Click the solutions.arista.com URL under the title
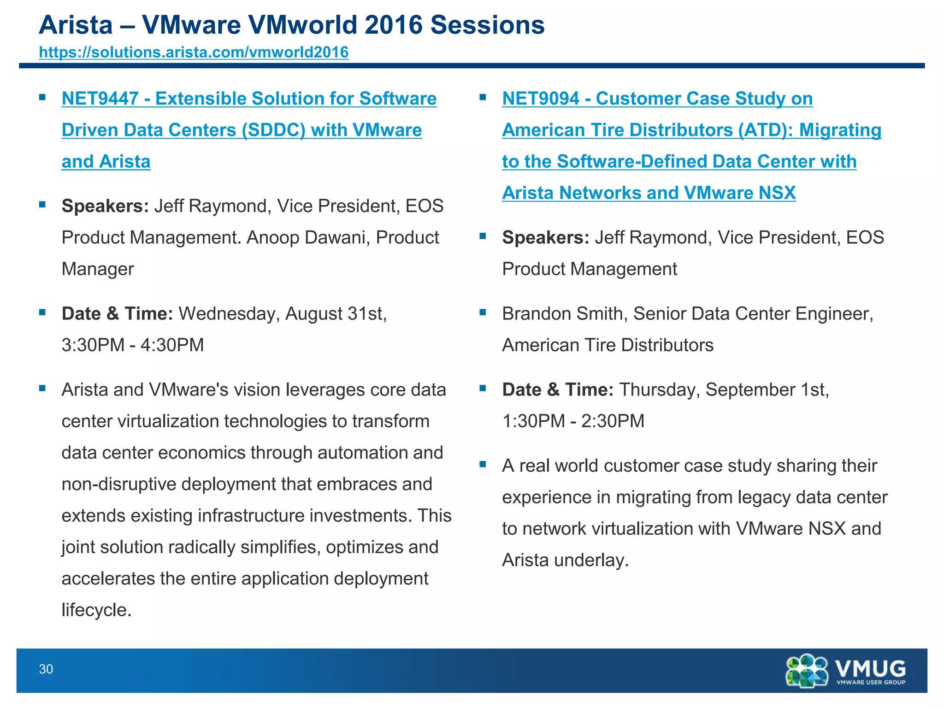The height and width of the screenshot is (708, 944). (x=194, y=52)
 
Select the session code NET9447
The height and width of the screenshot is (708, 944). (x=100, y=99)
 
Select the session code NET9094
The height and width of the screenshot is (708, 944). (x=540, y=99)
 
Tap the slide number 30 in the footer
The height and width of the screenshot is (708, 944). (x=46, y=669)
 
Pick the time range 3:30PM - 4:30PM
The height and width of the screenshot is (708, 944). (x=133, y=345)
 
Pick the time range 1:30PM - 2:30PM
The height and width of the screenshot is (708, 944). (x=573, y=421)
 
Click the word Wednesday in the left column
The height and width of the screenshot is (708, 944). (x=229, y=313)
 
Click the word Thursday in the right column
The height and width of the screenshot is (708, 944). (x=659, y=389)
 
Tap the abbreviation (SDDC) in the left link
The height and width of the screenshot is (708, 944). (x=274, y=130)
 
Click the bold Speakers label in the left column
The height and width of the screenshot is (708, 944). (x=105, y=206)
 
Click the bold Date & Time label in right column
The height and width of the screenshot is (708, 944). (x=558, y=389)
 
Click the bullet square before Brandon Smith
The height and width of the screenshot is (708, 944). (x=483, y=312)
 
